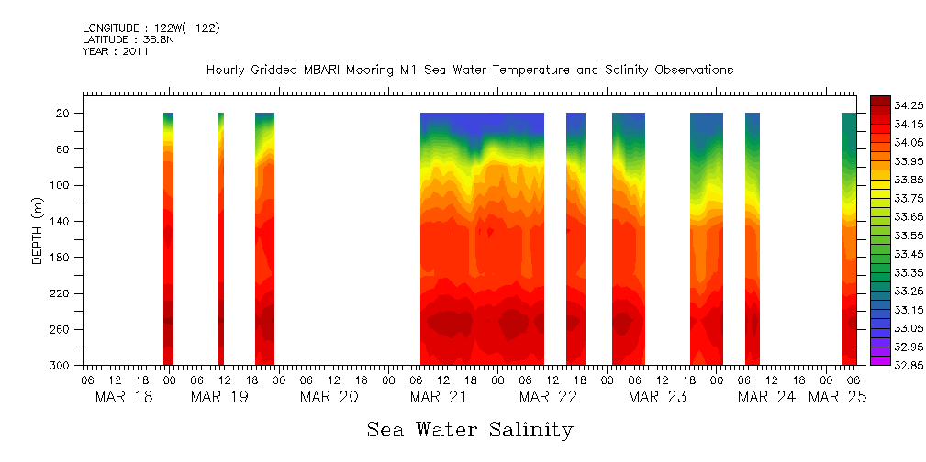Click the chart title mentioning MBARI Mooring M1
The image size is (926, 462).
pos(469,71)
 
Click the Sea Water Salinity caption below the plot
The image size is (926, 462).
pos(470,430)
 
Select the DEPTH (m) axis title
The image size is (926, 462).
pos(38,229)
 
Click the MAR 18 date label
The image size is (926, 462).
pos(124,397)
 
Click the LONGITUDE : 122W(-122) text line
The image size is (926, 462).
pos(151,28)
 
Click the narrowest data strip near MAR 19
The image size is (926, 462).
pos(221,238)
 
